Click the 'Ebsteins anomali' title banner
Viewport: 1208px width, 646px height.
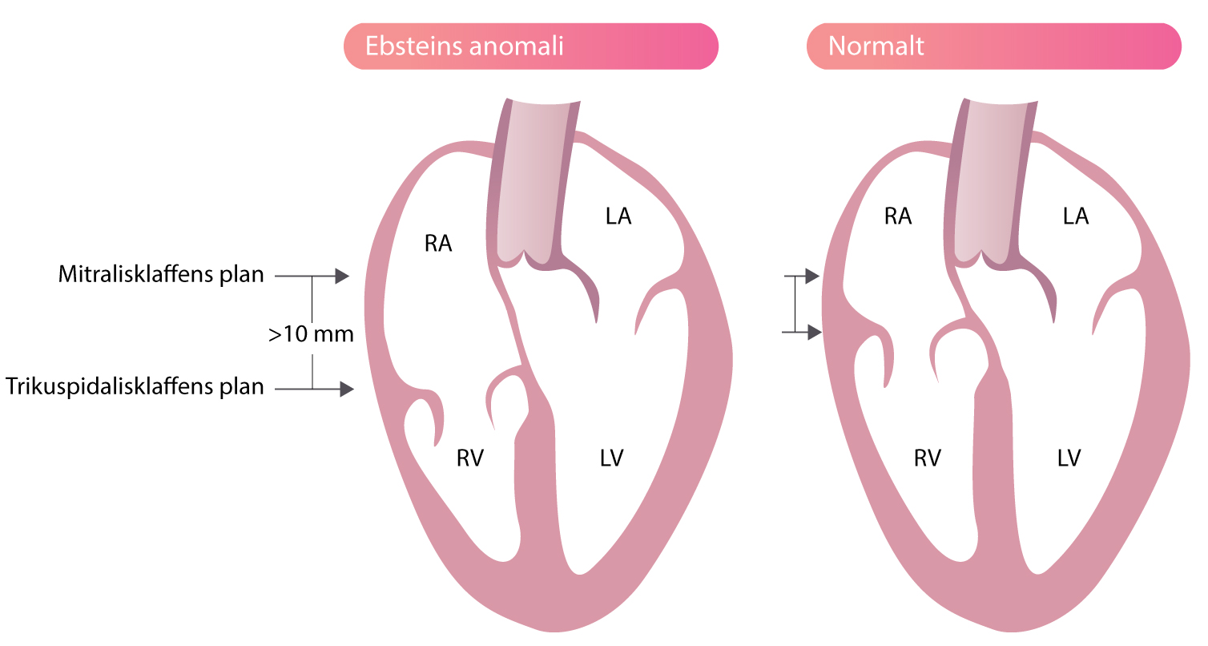coord(530,46)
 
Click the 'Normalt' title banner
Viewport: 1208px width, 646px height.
coord(994,46)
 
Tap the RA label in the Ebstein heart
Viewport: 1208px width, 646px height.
coord(438,244)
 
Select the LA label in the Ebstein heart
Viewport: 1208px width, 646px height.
coord(618,216)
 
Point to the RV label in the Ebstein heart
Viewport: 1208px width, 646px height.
coord(470,458)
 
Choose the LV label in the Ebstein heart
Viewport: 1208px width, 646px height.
coord(611,458)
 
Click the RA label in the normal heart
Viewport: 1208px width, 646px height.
coord(898,216)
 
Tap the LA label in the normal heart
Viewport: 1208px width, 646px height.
coord(1076,216)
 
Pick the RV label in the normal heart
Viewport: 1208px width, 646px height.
coord(928,458)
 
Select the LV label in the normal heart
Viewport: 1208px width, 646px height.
coord(1069,458)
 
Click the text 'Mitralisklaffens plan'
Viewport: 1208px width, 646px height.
coord(161,275)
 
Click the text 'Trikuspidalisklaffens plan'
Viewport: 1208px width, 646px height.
coord(135,387)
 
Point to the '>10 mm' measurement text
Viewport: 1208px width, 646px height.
coord(311,334)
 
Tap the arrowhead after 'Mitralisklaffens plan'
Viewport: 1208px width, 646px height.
coord(342,277)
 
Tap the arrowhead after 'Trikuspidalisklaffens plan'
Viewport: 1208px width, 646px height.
coord(347,389)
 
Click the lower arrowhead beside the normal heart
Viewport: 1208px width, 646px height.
coord(815,333)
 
